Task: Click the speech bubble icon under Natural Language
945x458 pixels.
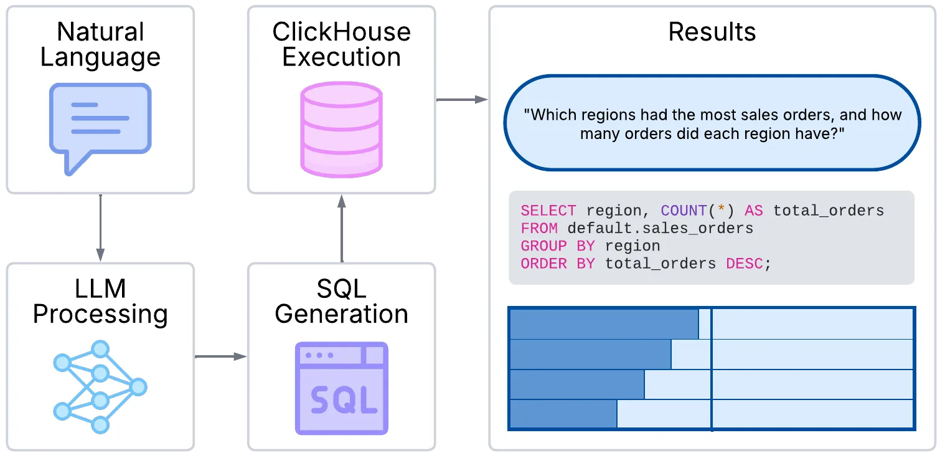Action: (x=100, y=125)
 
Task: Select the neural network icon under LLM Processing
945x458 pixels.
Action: (x=100, y=387)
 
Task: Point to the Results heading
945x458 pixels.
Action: (x=712, y=32)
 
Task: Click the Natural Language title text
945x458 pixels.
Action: (x=100, y=44)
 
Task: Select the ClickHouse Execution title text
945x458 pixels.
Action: (x=341, y=44)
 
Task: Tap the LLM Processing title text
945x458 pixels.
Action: (x=100, y=302)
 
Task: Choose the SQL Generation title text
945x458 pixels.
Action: (x=341, y=302)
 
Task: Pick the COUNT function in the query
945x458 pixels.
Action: (x=683, y=211)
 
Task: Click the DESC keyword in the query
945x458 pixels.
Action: (x=745, y=264)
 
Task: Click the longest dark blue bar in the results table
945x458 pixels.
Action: (x=603, y=324)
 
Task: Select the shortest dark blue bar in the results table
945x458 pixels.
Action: (x=563, y=414)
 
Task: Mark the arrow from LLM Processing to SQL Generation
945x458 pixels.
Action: (x=220, y=356)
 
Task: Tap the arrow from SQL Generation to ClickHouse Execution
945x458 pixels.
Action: (x=341, y=227)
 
